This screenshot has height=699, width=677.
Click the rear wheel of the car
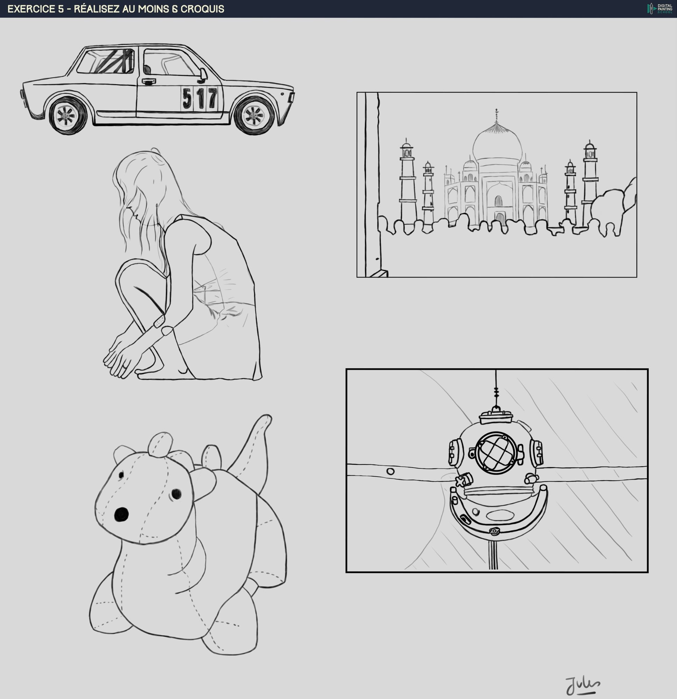[67, 115]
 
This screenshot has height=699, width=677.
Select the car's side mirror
[202, 74]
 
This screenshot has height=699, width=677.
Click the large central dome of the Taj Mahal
[497, 143]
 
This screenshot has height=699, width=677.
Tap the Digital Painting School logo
[660, 8]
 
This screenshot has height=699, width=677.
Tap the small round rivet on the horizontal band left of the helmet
[390, 471]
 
